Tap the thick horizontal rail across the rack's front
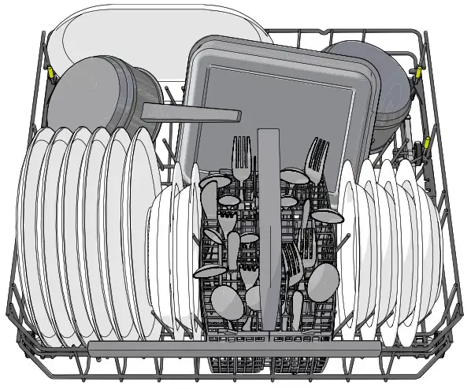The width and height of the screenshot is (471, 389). tap(236, 347)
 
